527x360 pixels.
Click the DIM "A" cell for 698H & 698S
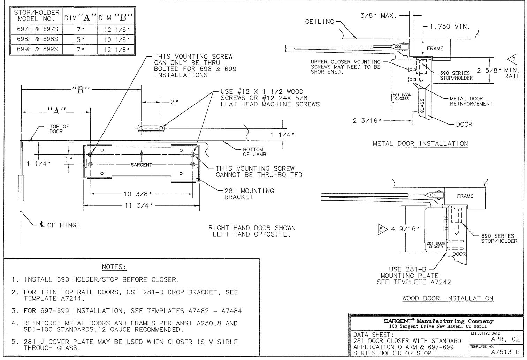tap(80, 39)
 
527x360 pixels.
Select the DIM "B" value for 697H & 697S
tap(117, 29)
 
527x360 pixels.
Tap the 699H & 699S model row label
tap(37, 49)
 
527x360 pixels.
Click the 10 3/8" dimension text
tap(138, 194)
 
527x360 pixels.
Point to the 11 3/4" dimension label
tap(139, 205)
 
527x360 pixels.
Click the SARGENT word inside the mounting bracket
tap(142, 165)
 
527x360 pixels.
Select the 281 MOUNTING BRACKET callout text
tap(249, 194)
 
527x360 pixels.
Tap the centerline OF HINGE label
tap(60, 225)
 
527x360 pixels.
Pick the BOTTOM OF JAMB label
tap(254, 152)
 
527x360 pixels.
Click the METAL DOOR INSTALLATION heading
tap(420, 144)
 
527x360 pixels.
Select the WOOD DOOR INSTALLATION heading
tap(448, 298)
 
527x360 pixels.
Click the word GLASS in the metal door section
tap(422, 106)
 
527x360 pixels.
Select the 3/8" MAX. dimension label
tap(379, 16)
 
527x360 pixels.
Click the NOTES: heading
tap(114, 267)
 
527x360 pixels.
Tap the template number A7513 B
tap(505, 352)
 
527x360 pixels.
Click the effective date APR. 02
tap(505, 339)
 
